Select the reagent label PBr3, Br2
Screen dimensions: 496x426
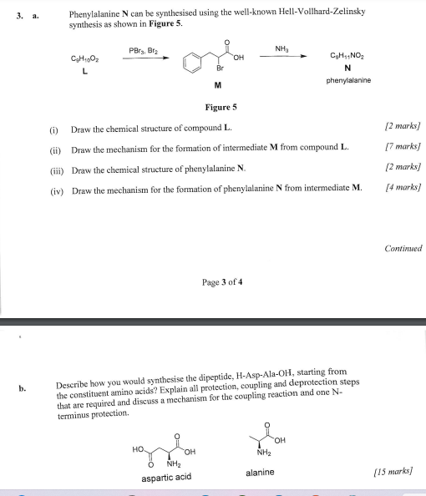coord(147,51)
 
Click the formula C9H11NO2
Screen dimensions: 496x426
coord(348,55)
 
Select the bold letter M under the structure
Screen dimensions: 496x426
coord(217,85)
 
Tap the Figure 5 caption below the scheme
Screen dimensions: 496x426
coord(221,108)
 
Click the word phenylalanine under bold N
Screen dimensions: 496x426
coord(348,80)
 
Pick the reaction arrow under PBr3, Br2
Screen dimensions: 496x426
coord(147,58)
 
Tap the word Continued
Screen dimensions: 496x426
coord(403,248)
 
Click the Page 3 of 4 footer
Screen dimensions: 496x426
coord(221,282)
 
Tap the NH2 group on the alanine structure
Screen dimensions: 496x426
coord(266,454)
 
